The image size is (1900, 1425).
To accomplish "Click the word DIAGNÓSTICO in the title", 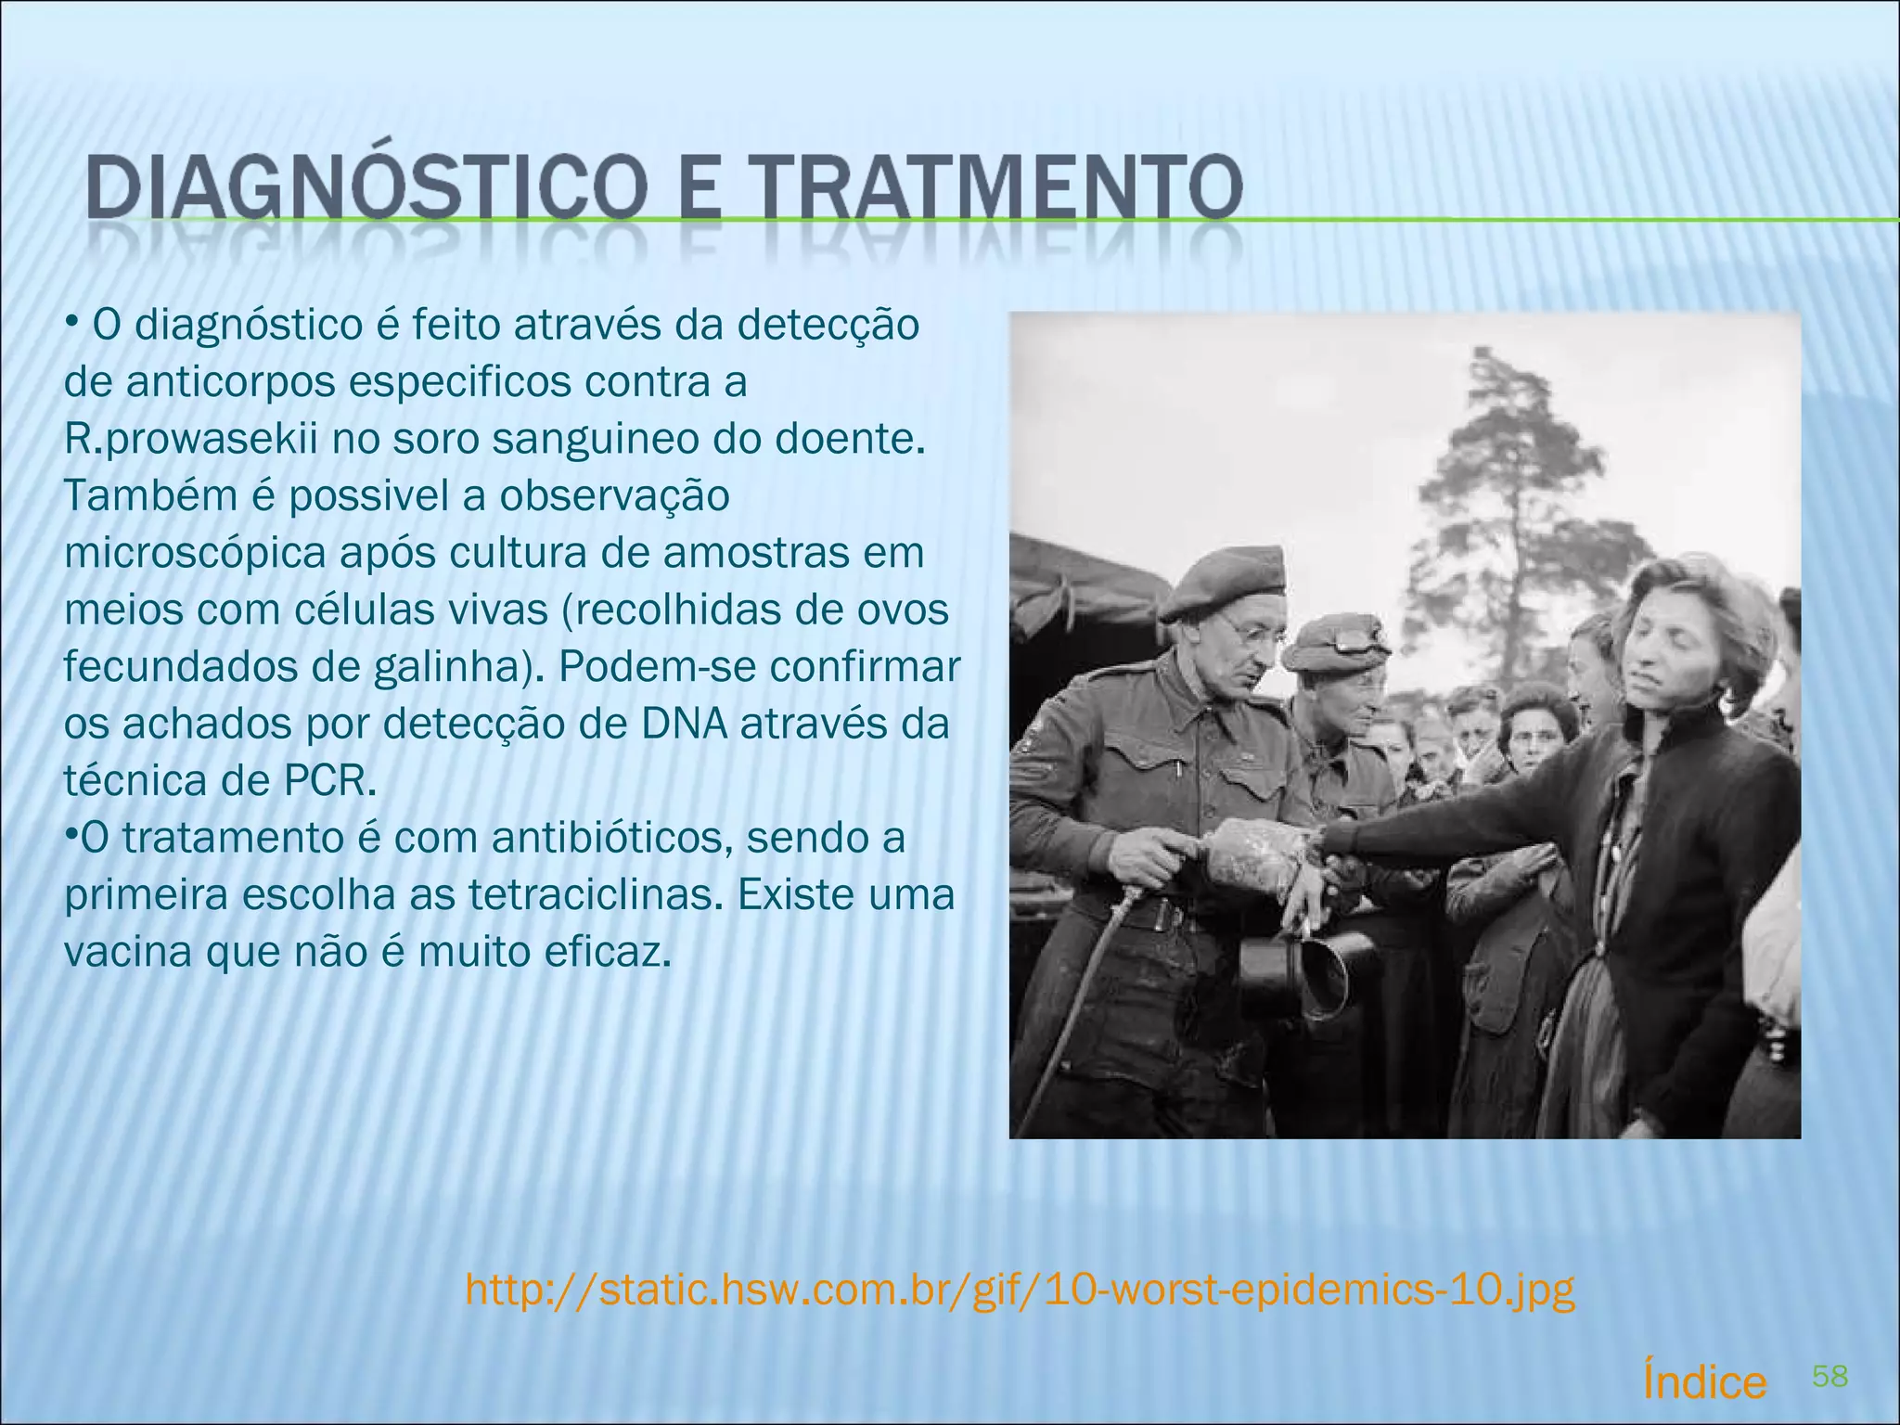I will point(366,188).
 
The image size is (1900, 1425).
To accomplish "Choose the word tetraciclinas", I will point(595,895).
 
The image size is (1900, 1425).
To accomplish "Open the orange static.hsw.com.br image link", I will point(1020,1290).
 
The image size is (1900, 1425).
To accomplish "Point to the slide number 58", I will point(1829,1377).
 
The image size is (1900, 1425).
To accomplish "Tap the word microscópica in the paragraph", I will point(195,554).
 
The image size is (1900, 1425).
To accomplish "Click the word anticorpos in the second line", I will point(231,382).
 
